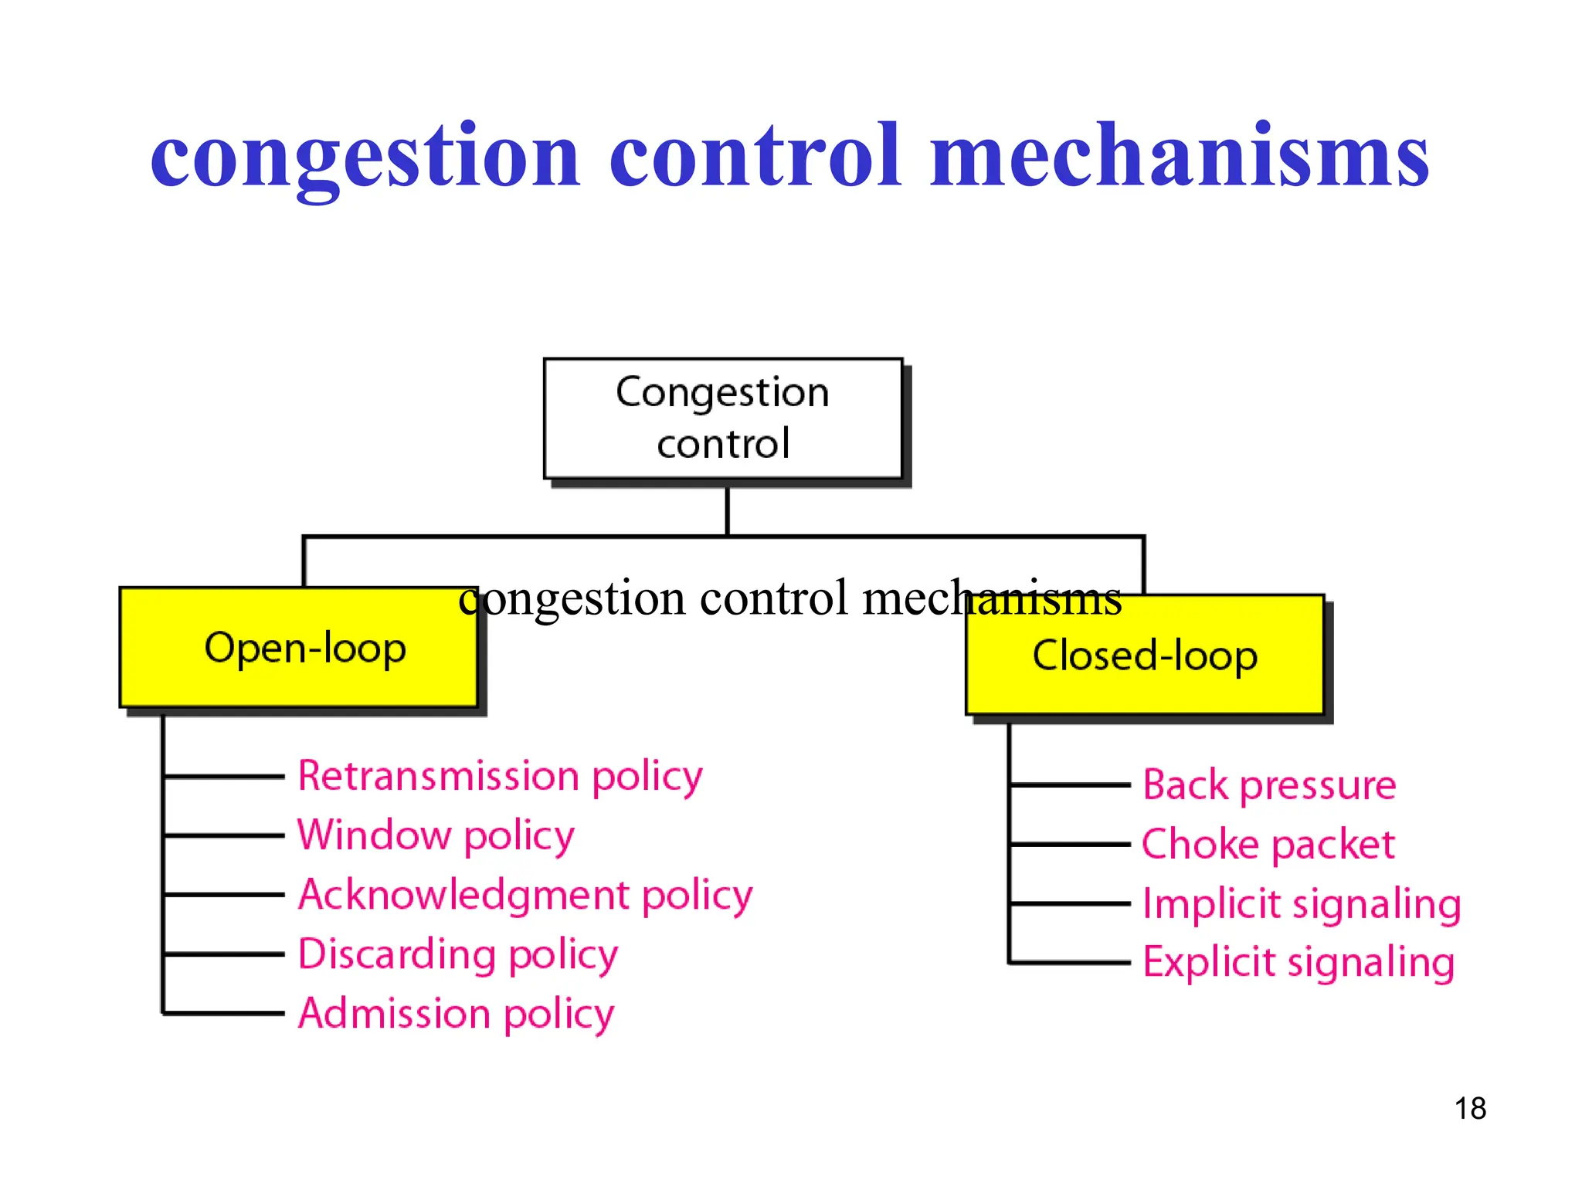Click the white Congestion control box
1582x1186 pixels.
(x=723, y=418)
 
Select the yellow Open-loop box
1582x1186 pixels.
(x=299, y=647)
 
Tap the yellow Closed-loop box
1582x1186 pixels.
(x=1145, y=655)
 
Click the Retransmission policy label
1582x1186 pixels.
(x=501, y=776)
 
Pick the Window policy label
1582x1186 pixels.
(x=436, y=835)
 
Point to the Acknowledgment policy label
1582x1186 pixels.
(x=525, y=895)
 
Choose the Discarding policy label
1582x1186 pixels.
(x=458, y=954)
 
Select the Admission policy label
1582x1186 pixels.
(x=456, y=1014)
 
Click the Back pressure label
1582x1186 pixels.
(x=1269, y=785)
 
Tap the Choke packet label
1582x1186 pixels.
(x=1268, y=844)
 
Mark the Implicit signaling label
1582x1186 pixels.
(x=1302, y=903)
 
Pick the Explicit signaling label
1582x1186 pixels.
(x=1299, y=963)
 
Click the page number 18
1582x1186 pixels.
(x=1470, y=1109)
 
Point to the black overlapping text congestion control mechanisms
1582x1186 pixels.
(x=789, y=598)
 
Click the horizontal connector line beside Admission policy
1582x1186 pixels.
(x=224, y=1013)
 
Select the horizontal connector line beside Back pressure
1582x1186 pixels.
(x=1070, y=785)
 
